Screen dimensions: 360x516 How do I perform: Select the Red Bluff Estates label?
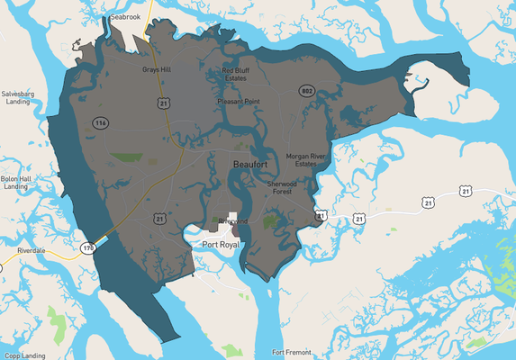pyautogui.click(x=236, y=75)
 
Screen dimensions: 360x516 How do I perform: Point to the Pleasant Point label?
pyautogui.click(x=239, y=102)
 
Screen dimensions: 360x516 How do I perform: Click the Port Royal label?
pyautogui.click(x=222, y=245)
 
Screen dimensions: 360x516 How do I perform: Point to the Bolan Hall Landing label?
pyautogui.click(x=15, y=183)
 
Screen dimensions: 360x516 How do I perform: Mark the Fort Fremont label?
pyautogui.click(x=295, y=352)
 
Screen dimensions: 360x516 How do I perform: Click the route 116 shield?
pyautogui.click(x=98, y=121)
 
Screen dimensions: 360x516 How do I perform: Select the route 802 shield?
pyautogui.click(x=307, y=91)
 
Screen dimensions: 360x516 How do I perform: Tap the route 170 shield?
pyautogui.click(x=88, y=247)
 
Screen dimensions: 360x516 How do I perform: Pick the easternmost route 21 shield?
pyautogui.click(x=464, y=190)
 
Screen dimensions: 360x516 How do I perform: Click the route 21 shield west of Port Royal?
pyautogui.click(x=158, y=218)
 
